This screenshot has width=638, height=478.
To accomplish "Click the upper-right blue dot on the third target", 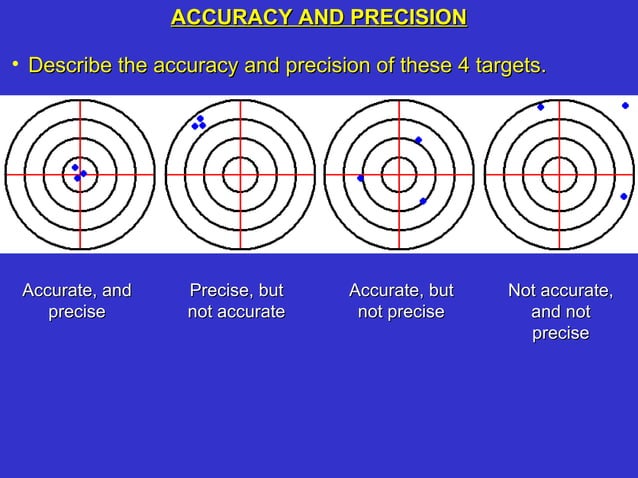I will pyautogui.click(x=418, y=140).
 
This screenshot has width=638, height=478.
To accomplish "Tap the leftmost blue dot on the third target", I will pyautogui.click(x=360, y=178).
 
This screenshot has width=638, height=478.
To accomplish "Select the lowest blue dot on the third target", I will pyautogui.click(x=423, y=201).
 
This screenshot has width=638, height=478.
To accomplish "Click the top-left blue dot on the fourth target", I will pyautogui.click(x=541, y=107).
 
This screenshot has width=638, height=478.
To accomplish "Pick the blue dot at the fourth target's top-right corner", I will pyautogui.click(x=625, y=105).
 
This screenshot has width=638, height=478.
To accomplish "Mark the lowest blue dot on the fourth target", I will pyautogui.click(x=623, y=196).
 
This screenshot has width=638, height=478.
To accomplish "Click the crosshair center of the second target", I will pyautogui.click(x=240, y=174).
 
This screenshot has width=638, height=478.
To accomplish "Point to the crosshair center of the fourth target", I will pyautogui.click(x=559, y=174).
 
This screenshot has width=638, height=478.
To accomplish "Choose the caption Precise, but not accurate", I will pyautogui.click(x=236, y=301).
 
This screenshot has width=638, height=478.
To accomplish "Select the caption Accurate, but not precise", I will pyautogui.click(x=400, y=301).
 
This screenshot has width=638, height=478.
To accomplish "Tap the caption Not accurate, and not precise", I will pyautogui.click(x=560, y=311).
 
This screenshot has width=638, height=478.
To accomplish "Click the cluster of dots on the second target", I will pyautogui.click(x=199, y=123).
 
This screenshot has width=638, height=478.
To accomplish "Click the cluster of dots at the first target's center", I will pyautogui.click(x=78, y=173).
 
